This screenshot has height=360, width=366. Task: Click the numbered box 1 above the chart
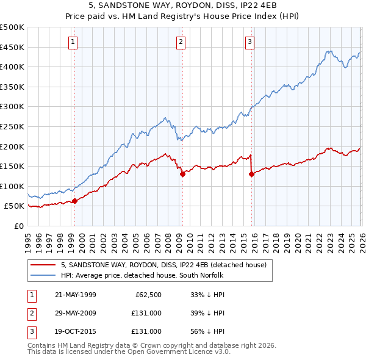73,42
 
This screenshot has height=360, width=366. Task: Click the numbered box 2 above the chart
181,42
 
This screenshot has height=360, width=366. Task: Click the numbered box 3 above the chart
250,42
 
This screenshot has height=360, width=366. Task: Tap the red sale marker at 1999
74,201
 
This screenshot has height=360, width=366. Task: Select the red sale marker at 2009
182,174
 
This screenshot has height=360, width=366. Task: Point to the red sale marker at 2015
251,174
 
